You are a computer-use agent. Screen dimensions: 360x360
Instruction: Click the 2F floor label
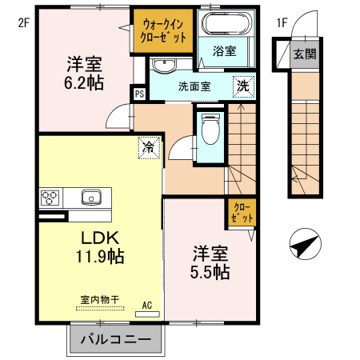coord(23,22)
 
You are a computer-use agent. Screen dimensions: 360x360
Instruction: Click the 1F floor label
coord(282,22)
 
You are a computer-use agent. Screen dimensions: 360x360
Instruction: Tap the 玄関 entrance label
coord(304,54)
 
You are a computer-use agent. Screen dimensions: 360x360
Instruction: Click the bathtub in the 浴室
coord(224,24)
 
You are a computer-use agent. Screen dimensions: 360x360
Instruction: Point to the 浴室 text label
coord(225,51)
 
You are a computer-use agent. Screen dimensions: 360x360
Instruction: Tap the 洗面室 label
coord(194,86)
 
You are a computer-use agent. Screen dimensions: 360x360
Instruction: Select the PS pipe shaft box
coord(139,94)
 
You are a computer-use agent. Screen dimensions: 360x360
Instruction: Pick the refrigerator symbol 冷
coord(148,146)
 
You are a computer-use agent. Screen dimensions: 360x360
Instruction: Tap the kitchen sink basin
coord(90,196)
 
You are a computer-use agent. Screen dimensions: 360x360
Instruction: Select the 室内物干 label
coord(99,299)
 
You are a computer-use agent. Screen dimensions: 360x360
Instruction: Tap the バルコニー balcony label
coord(116,339)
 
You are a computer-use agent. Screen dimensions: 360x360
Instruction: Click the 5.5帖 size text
coord(211,272)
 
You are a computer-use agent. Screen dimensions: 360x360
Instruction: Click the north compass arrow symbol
coord(302,244)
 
